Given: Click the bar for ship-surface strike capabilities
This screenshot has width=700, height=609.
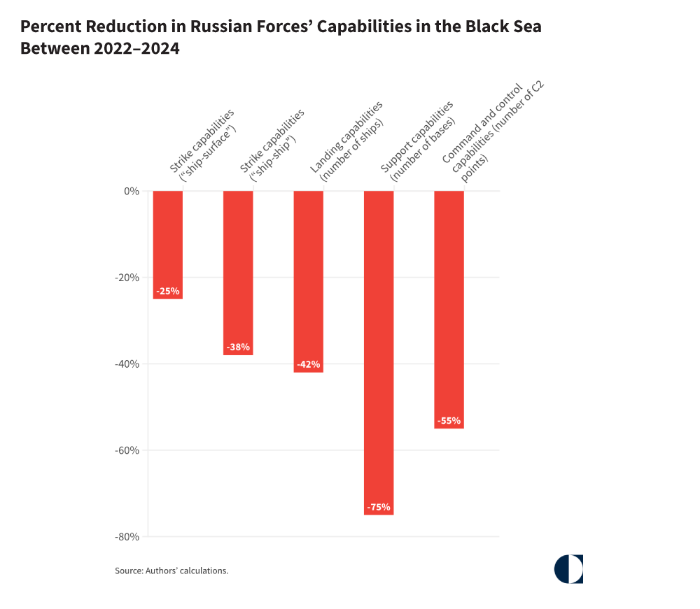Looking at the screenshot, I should pyautogui.click(x=168, y=238).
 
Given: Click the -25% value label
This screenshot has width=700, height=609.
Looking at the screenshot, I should pyautogui.click(x=168, y=290).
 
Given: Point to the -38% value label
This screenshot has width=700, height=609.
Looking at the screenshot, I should pyautogui.click(x=238, y=347).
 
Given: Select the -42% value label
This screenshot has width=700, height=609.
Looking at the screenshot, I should pyautogui.click(x=308, y=364).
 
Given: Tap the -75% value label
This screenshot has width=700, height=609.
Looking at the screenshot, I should pyautogui.click(x=379, y=507).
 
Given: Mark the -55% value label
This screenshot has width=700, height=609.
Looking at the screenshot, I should pyautogui.click(x=449, y=421).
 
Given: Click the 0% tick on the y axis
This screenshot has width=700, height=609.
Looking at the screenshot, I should pyautogui.click(x=131, y=191).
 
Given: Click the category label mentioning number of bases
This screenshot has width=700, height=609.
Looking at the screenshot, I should pyautogui.click(x=419, y=140).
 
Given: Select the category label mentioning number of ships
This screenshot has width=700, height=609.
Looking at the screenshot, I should pyautogui.click(x=348, y=140).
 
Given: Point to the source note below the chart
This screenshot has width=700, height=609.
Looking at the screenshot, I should pyautogui.click(x=171, y=571).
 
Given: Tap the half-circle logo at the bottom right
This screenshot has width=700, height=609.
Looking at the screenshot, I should pyautogui.click(x=568, y=569).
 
